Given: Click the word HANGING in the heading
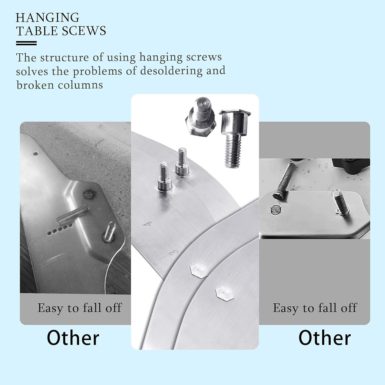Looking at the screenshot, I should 47,18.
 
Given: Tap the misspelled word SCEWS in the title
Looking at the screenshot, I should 84,31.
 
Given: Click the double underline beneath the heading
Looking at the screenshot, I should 26,43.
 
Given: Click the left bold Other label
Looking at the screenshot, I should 73,338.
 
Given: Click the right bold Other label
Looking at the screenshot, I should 324,338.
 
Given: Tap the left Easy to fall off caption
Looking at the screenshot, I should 79,308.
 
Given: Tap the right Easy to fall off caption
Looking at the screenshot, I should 315,308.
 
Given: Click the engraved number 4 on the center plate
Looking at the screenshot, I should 147,224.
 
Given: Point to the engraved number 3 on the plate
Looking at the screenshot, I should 174,253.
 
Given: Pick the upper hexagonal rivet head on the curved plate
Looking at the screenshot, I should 199,271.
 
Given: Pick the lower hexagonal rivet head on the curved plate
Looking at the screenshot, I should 225,293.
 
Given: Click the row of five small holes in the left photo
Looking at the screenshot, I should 60,229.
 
